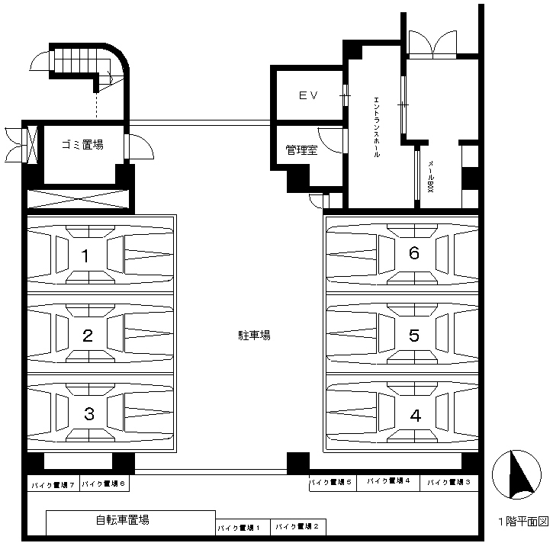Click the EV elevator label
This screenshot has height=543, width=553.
(309, 95)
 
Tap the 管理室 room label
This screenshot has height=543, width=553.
(301, 150)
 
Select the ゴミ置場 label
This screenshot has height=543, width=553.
(82, 145)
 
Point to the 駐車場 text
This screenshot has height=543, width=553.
(254, 335)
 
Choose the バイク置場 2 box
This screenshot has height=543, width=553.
(298, 527)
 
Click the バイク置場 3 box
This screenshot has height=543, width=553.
(449, 483)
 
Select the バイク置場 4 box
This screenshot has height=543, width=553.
(388, 483)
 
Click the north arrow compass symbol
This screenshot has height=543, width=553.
(516, 474)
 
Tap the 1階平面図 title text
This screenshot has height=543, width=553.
(523, 521)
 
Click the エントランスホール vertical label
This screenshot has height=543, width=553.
(377, 127)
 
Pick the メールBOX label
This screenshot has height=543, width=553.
(431, 176)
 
